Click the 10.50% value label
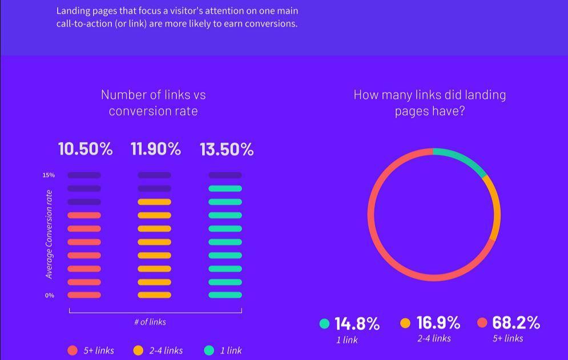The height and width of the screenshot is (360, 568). coord(86,149)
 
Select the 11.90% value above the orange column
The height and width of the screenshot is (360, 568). coord(156,149)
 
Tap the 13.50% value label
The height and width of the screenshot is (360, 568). coord(227,149)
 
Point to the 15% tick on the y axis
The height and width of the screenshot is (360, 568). coord(49,175)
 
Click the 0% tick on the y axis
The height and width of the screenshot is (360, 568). coord(50,296)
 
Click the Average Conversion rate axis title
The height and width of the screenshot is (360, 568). coord(49,234)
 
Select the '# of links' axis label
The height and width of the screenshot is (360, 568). coord(150,322)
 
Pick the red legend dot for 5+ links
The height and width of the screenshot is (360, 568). coord(72,350)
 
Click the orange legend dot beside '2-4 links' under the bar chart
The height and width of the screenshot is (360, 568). coord(138,350)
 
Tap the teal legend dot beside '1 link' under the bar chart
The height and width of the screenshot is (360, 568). coord(209,350)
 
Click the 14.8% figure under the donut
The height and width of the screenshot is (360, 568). coord(357,323)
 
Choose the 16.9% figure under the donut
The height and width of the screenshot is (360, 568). coord(438,322)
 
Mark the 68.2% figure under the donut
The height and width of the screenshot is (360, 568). coord(516,322)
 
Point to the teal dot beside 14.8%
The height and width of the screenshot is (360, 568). coord(325,323)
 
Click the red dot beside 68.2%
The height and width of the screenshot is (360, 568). coord(482,323)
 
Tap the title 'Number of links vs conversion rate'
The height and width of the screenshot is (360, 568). coord(153,103)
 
